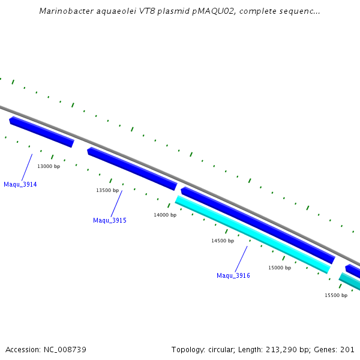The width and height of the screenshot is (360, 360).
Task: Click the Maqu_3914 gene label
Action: pyautogui.click(x=20, y=185)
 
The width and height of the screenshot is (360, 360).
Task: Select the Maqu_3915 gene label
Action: pyautogui.click(x=109, y=221)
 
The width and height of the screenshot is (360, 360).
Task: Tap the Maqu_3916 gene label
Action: pyautogui.click(x=233, y=276)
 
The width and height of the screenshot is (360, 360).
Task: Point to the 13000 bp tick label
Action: pyautogui.click(x=49, y=166)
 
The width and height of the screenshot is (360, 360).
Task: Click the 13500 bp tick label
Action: pyautogui.click(x=107, y=190)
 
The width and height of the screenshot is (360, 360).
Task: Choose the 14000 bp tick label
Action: pyautogui.click(x=164, y=215)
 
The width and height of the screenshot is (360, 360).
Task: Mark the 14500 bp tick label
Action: pyautogui.click(x=222, y=241)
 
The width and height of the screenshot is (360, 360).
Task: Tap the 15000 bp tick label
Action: pyautogui.click(x=279, y=268)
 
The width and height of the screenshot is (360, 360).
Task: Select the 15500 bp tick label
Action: pyautogui.click(x=335, y=295)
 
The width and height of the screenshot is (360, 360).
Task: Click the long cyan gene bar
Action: pyautogui.click(x=253, y=235)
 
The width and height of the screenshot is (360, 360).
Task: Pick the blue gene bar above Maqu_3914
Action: pyautogui.click(x=41, y=132)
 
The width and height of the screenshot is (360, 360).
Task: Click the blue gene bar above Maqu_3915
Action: pyautogui.click(x=132, y=169)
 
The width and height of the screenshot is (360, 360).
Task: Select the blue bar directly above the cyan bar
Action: pyautogui.click(x=258, y=225)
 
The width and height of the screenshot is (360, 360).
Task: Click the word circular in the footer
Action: pyautogui.click(x=221, y=350)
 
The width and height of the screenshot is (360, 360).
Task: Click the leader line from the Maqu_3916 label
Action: pyautogui.click(x=241, y=259)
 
